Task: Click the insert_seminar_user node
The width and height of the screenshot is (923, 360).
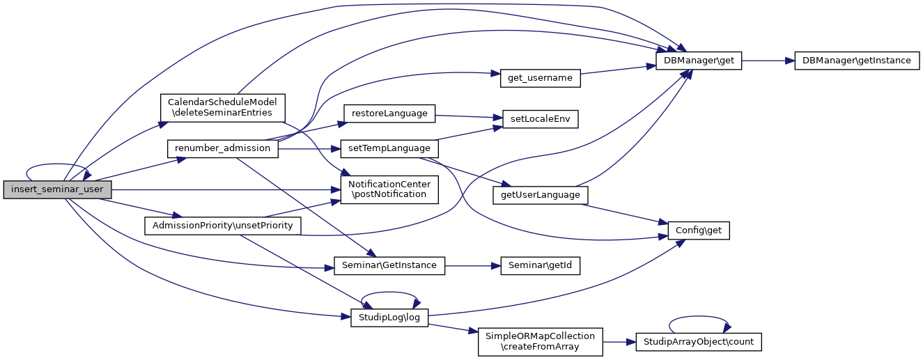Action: [x=57, y=190]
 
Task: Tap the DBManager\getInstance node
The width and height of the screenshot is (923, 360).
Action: [x=856, y=61]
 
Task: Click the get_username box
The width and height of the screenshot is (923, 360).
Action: [x=540, y=78]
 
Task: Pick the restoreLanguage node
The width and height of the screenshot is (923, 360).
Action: [x=389, y=113]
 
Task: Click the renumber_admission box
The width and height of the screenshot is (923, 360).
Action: [x=222, y=148]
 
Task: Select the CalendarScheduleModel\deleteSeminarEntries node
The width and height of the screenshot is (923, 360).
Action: [x=223, y=107]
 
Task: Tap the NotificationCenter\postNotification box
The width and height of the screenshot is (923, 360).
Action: [x=389, y=189]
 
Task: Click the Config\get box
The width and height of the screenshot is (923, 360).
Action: [x=699, y=230]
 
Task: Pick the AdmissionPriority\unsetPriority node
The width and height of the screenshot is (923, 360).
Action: [x=222, y=226]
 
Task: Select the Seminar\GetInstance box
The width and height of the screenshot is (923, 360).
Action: [x=389, y=265]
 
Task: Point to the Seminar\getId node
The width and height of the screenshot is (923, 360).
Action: [x=540, y=265]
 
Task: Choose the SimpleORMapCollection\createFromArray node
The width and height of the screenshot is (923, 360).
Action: [x=540, y=341]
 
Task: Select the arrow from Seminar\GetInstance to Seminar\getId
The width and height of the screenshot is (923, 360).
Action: [x=473, y=265]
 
